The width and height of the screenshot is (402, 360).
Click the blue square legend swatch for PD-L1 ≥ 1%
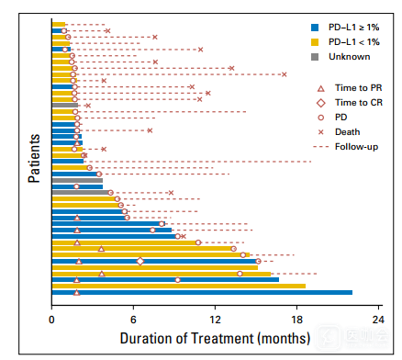pos(315,28)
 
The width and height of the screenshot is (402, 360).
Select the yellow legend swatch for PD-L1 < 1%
pos(315,42)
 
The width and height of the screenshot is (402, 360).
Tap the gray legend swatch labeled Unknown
pos(315,57)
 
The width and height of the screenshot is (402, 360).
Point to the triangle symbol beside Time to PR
pos(321,89)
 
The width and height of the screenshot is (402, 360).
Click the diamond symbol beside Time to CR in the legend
pos(321,103)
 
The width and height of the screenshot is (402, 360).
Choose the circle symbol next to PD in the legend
pos(321,118)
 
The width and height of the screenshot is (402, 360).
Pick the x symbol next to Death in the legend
pos(321,132)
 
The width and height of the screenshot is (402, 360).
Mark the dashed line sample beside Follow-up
pos(321,147)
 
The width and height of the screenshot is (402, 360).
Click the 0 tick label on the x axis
pos(51,320)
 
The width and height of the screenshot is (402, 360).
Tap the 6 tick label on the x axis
pos(133,320)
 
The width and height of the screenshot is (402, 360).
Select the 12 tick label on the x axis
pos(215,320)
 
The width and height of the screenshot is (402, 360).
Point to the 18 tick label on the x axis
pos(296,320)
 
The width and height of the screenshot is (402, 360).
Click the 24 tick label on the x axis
pos(378,320)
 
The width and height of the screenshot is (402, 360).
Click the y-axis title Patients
pos(34,159)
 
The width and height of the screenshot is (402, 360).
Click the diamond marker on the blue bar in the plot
pos(140,262)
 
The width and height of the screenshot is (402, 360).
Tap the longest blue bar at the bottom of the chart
pos(202,293)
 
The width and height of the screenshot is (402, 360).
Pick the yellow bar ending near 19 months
pos(179,287)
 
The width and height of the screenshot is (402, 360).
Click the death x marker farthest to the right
pos(285,74)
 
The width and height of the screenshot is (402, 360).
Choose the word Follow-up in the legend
pos(356,147)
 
